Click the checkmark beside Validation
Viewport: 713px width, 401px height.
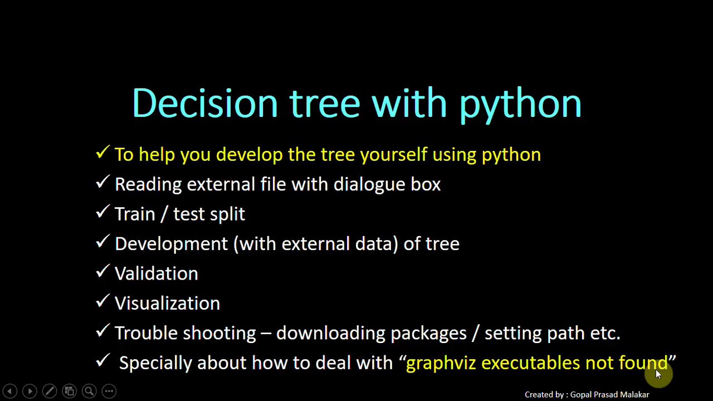[x=102, y=271]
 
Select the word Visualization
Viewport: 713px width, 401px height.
[x=167, y=304]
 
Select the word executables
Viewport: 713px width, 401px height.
[x=530, y=363]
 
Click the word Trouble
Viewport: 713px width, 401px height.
[x=146, y=333]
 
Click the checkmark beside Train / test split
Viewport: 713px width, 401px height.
[x=102, y=212]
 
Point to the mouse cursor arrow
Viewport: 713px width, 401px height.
[x=658, y=374]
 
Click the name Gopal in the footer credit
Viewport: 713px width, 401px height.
[x=581, y=395]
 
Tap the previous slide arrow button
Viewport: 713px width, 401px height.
[x=9, y=392]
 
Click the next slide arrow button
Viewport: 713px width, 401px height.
[x=30, y=392]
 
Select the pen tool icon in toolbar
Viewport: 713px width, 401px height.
[x=49, y=392]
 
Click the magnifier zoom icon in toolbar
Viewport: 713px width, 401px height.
[x=89, y=392]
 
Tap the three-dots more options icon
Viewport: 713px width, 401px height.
[x=109, y=392]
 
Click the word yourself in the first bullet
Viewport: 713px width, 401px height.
[x=393, y=155]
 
